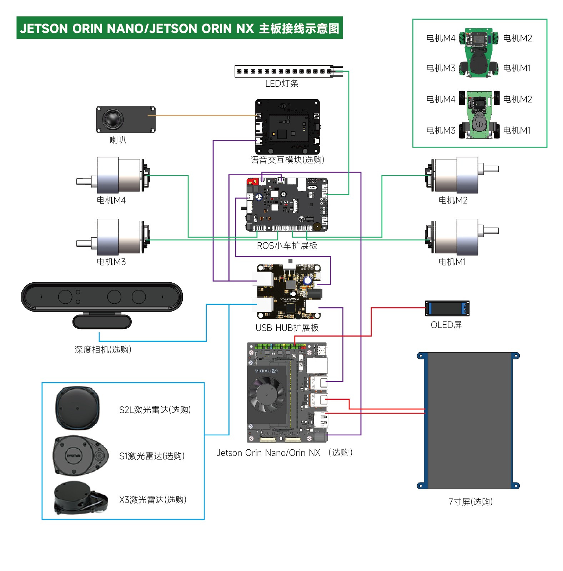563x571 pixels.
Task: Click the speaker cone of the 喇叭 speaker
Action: pos(112,119)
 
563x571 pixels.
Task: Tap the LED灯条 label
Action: pos(282,84)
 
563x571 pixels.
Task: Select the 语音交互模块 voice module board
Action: pos(287,127)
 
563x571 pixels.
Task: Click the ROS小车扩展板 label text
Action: pos(287,246)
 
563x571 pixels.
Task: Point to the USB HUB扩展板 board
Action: pos(289,291)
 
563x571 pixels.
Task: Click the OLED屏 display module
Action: pos(447,308)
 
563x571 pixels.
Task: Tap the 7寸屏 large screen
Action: pos(468,420)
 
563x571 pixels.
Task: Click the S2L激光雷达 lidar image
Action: pos(77,408)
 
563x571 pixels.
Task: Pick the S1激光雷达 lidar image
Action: pos(81,456)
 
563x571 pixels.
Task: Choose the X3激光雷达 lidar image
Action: pos(81,498)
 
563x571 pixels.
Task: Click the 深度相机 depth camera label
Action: pos(103,349)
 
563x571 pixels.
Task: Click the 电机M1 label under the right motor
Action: pos(452,262)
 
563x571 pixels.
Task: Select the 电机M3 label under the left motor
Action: pos(111,262)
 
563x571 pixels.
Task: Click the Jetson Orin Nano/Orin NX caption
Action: pos(268,453)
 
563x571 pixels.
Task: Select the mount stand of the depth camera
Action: pos(102,321)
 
